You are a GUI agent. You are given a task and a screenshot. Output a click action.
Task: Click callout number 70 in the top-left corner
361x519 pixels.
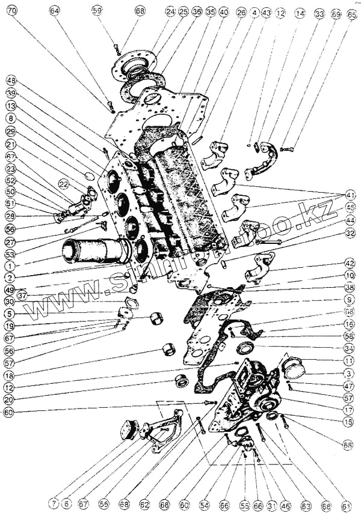click(x=11, y=11)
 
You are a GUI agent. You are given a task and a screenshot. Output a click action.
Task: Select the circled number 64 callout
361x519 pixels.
click(x=55, y=11)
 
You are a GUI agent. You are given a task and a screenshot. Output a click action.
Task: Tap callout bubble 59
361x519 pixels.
click(x=97, y=11)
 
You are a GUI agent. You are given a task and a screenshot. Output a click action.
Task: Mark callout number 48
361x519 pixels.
click(x=11, y=80)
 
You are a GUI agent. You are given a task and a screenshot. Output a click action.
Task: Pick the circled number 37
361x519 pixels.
click(x=22, y=295)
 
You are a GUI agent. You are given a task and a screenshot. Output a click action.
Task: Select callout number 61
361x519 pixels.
click(x=345, y=507)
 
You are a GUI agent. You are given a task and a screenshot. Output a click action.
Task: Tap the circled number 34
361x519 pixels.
click(x=350, y=348)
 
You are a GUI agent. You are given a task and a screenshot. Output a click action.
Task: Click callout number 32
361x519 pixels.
click(x=350, y=233)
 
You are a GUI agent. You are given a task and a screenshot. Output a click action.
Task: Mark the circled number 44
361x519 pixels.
click(x=350, y=220)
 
